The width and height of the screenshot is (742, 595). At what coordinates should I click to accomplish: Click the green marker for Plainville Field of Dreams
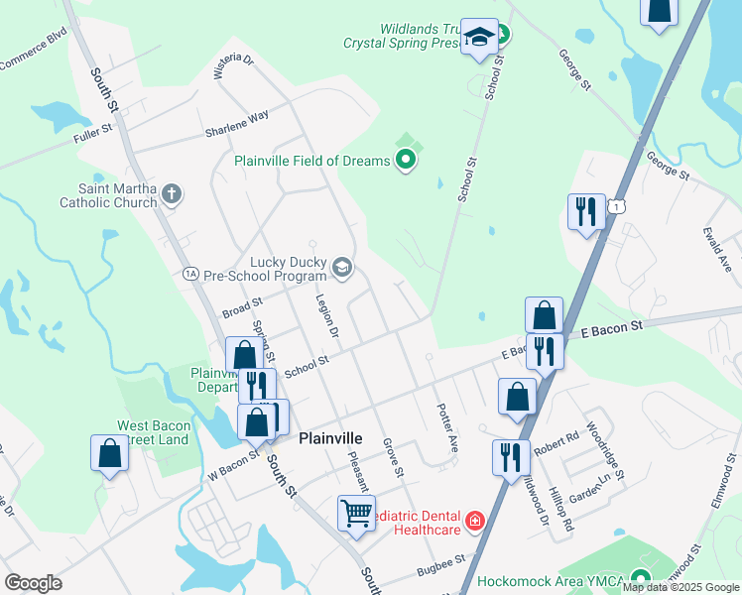point(406,159)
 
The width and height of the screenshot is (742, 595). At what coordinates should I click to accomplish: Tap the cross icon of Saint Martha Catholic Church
point(172,193)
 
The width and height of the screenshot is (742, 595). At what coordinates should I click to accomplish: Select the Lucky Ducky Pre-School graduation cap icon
point(341,266)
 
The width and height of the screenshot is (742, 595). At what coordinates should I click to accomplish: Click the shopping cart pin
point(356,514)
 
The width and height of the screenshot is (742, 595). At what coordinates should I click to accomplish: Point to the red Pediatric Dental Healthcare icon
point(475,521)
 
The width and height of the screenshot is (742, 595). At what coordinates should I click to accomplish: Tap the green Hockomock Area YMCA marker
point(641,581)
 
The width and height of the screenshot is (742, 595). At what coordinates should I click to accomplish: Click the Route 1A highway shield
point(191,273)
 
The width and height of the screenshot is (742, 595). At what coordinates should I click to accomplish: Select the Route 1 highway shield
point(617,205)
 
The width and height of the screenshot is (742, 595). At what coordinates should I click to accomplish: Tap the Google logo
point(33,583)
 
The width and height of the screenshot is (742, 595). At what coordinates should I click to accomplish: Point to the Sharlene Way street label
point(237,124)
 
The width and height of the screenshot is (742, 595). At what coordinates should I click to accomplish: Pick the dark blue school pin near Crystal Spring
point(480,40)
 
